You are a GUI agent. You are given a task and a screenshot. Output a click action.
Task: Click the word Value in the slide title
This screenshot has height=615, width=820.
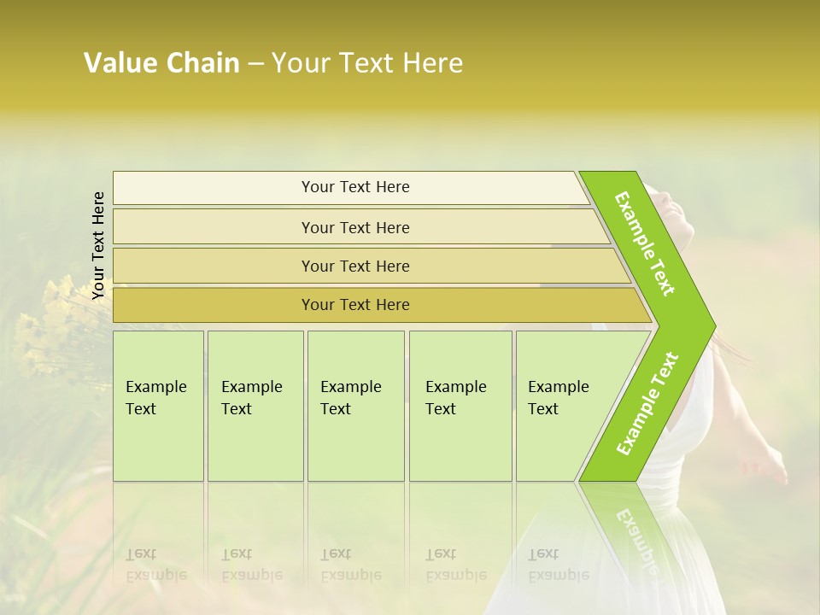(x=120, y=63)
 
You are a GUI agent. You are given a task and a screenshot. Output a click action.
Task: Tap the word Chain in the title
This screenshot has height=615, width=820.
(x=202, y=63)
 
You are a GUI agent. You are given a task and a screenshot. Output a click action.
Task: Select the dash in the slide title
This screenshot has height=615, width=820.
(x=255, y=64)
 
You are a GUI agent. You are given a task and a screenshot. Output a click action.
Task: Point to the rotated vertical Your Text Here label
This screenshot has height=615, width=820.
(x=98, y=245)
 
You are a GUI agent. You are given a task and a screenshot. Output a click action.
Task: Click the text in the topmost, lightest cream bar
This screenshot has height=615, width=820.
(x=355, y=187)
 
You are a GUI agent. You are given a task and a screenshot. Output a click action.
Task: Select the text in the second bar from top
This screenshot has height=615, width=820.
(x=355, y=228)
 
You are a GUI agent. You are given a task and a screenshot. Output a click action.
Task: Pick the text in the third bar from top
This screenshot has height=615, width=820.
(x=355, y=266)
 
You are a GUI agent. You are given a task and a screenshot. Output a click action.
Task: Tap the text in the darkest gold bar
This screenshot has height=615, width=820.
(x=355, y=305)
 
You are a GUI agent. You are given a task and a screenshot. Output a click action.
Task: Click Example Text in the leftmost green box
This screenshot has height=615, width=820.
(x=155, y=398)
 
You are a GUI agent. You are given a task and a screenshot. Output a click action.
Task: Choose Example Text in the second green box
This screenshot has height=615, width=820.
(x=251, y=398)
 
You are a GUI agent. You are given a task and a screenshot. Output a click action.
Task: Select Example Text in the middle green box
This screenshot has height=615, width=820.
(x=350, y=398)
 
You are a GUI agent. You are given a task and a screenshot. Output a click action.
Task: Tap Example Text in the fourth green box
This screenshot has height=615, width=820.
(x=455, y=398)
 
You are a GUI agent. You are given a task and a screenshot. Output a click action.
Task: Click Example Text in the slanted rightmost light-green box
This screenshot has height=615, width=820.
(x=558, y=398)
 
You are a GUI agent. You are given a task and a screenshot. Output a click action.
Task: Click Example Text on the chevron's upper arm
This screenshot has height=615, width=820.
(x=645, y=243)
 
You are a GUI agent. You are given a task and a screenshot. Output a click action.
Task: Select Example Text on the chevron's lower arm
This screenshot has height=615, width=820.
(x=647, y=404)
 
